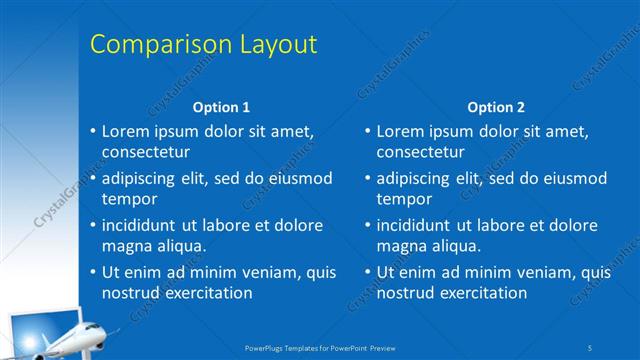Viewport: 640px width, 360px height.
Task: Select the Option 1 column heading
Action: pos(221,107)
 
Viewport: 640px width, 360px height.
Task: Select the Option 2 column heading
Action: pos(495,107)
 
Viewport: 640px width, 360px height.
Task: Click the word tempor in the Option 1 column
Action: pos(129,199)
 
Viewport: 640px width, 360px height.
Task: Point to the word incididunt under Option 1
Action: pos(145,225)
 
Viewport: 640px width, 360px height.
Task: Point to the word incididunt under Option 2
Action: pos(420,225)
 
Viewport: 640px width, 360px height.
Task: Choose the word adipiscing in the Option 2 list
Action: pos(417,179)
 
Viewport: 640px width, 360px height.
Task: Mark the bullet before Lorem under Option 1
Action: pos(92,132)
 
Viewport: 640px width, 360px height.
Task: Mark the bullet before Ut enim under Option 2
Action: pos(367,272)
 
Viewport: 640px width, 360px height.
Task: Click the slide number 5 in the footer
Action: pos(590,347)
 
